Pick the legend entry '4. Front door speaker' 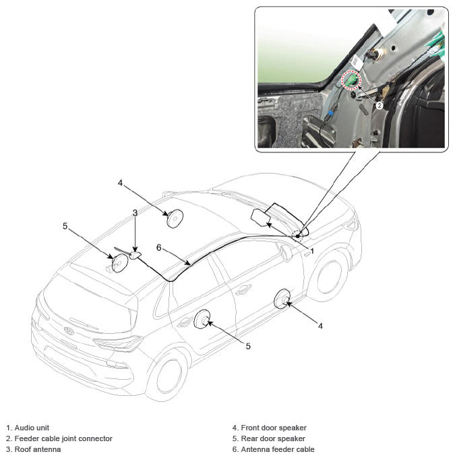click(x=269, y=428)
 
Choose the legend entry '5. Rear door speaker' click(x=268, y=438)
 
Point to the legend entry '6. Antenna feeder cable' click(x=273, y=449)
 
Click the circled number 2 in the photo click(x=380, y=106)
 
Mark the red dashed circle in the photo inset click(x=351, y=82)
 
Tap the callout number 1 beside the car click(x=312, y=250)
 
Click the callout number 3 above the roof click(x=135, y=212)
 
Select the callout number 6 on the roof click(x=158, y=248)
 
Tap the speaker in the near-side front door click(x=282, y=299)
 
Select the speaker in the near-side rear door click(x=202, y=319)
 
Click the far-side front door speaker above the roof click(x=175, y=219)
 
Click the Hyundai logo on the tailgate click(x=68, y=331)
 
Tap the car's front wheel click(x=329, y=272)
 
